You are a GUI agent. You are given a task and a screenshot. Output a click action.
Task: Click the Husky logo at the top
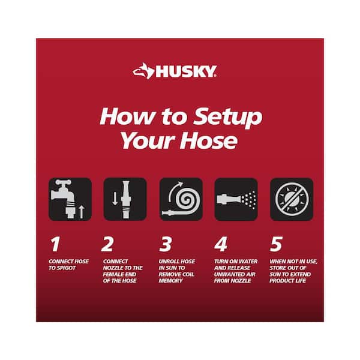click(x=175, y=72)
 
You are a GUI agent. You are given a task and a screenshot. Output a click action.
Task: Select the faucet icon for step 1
click(x=70, y=199)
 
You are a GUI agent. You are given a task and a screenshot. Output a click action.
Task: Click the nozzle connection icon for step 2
click(x=125, y=199)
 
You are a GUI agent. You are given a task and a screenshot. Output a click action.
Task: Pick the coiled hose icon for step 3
click(x=181, y=199)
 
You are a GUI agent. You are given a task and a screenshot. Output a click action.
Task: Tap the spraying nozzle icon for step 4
click(x=236, y=199)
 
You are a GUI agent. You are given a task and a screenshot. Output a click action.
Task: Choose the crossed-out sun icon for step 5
click(x=291, y=199)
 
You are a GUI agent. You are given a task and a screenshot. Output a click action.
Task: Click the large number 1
click(x=55, y=244)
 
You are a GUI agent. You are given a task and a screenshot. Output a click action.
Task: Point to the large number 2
click(x=109, y=244)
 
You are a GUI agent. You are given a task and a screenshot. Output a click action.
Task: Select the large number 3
click(x=165, y=244)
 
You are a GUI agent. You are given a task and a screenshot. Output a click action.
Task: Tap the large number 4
click(x=221, y=244)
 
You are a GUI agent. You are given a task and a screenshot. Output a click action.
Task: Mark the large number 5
click(x=275, y=244)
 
